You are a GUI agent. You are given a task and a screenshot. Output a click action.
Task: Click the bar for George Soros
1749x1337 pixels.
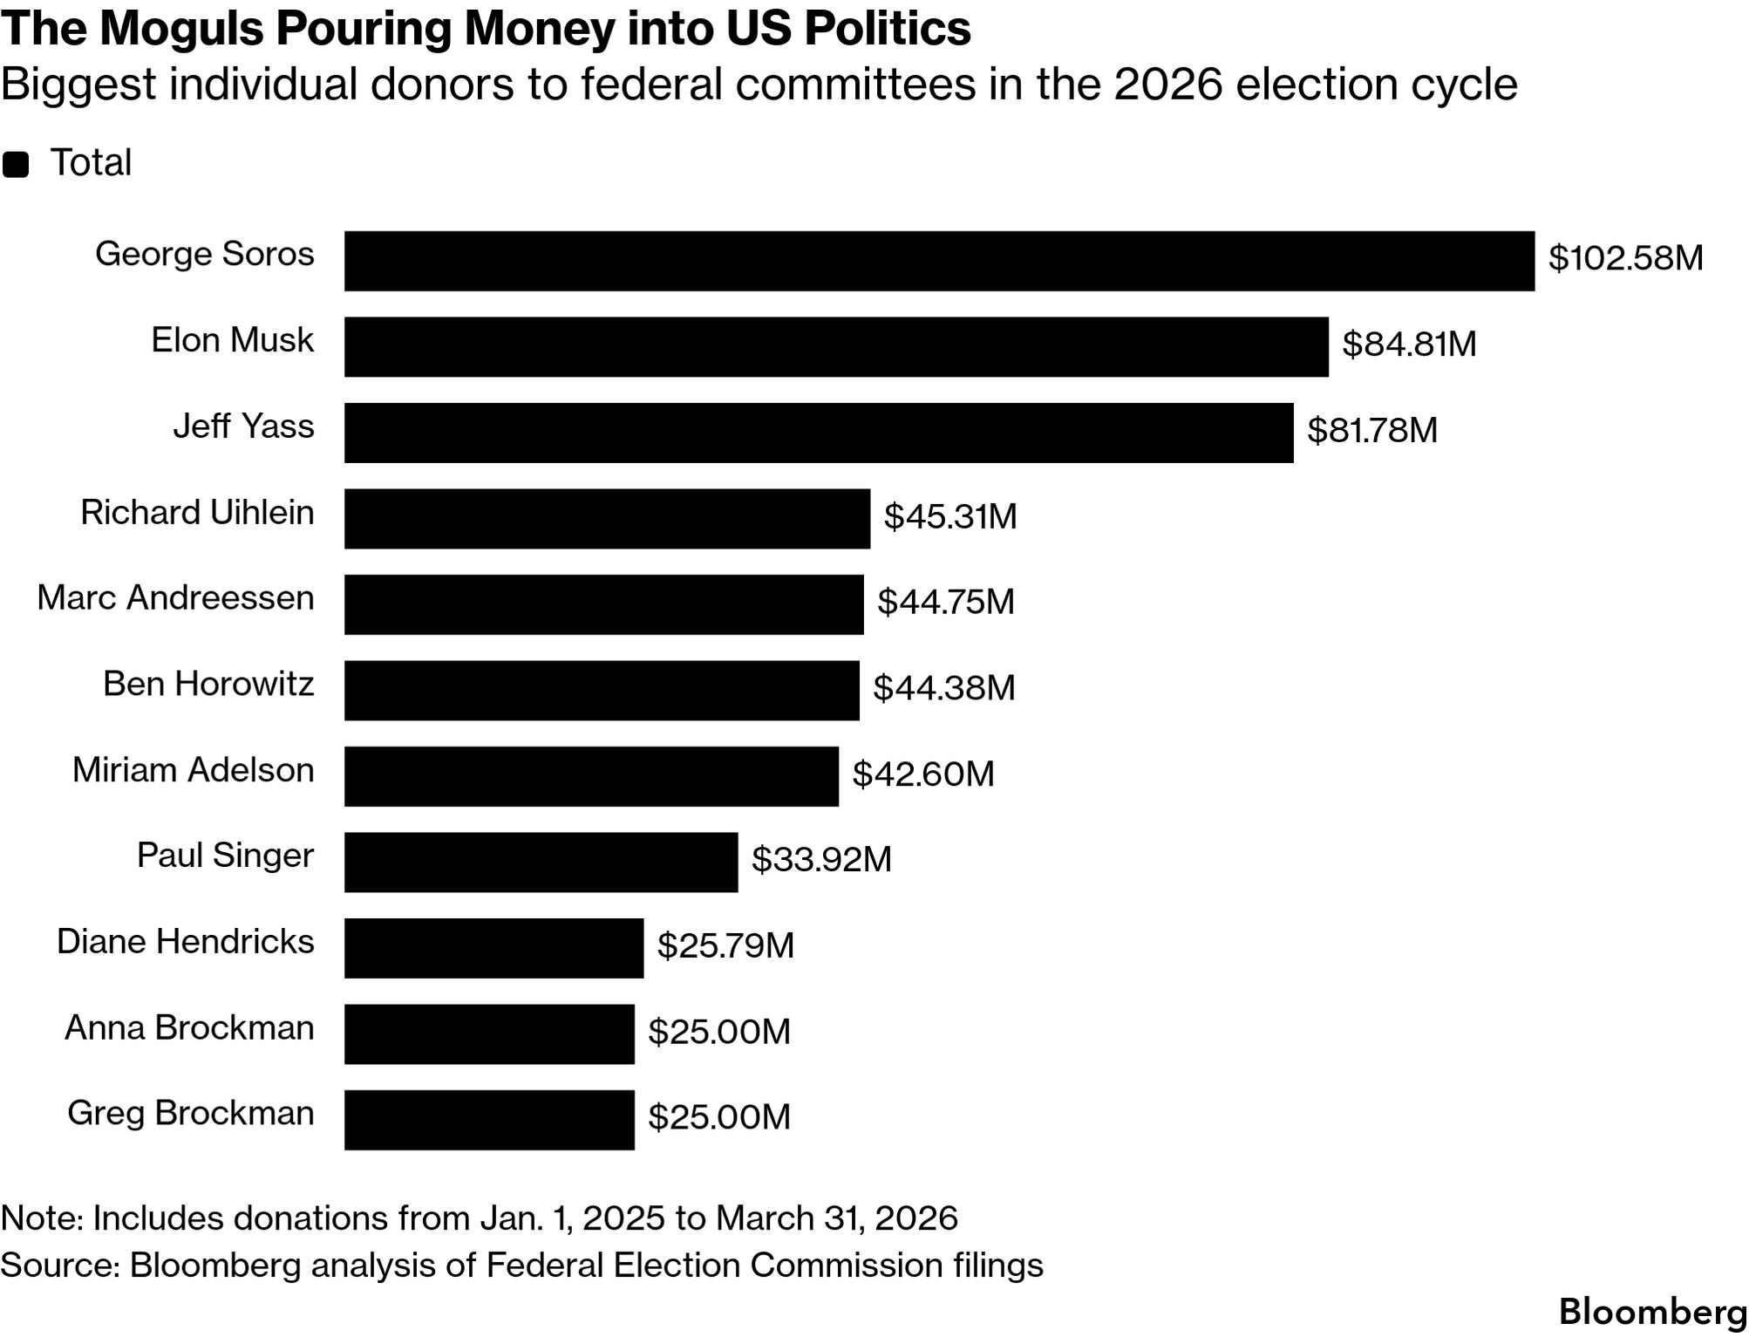(x=939, y=261)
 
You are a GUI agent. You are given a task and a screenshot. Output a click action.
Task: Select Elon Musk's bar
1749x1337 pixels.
(x=836, y=347)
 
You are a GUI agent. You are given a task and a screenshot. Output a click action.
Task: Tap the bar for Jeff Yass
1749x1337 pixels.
(x=819, y=433)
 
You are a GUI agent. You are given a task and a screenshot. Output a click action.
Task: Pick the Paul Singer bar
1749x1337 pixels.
(x=541, y=863)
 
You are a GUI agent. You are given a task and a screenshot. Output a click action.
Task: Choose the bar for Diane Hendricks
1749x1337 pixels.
(x=493, y=948)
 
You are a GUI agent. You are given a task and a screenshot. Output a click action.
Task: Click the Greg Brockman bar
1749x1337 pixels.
(x=489, y=1120)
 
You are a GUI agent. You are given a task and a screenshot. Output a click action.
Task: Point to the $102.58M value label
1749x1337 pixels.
(x=1625, y=259)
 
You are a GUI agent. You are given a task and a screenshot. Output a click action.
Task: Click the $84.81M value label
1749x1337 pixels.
(x=1409, y=344)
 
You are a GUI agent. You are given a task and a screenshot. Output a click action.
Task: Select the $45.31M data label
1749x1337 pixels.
(x=950, y=516)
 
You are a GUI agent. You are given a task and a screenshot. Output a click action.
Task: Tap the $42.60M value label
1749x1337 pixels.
(x=923, y=774)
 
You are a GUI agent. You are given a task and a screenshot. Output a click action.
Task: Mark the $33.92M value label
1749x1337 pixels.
(x=821, y=860)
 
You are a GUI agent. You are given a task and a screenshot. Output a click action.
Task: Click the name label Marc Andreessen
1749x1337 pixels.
(x=175, y=598)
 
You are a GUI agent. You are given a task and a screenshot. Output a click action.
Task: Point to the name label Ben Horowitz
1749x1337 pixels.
(x=208, y=684)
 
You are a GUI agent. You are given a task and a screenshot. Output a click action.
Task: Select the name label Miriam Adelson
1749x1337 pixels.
(x=193, y=770)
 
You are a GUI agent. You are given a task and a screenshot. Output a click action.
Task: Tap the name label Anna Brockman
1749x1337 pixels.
(x=189, y=1028)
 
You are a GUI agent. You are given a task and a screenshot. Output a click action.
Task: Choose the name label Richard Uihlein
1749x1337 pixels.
(x=197, y=513)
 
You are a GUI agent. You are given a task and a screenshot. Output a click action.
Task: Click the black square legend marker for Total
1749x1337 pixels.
(x=16, y=165)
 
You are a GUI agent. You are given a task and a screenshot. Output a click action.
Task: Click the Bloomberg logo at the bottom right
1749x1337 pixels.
(x=1652, y=1312)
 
